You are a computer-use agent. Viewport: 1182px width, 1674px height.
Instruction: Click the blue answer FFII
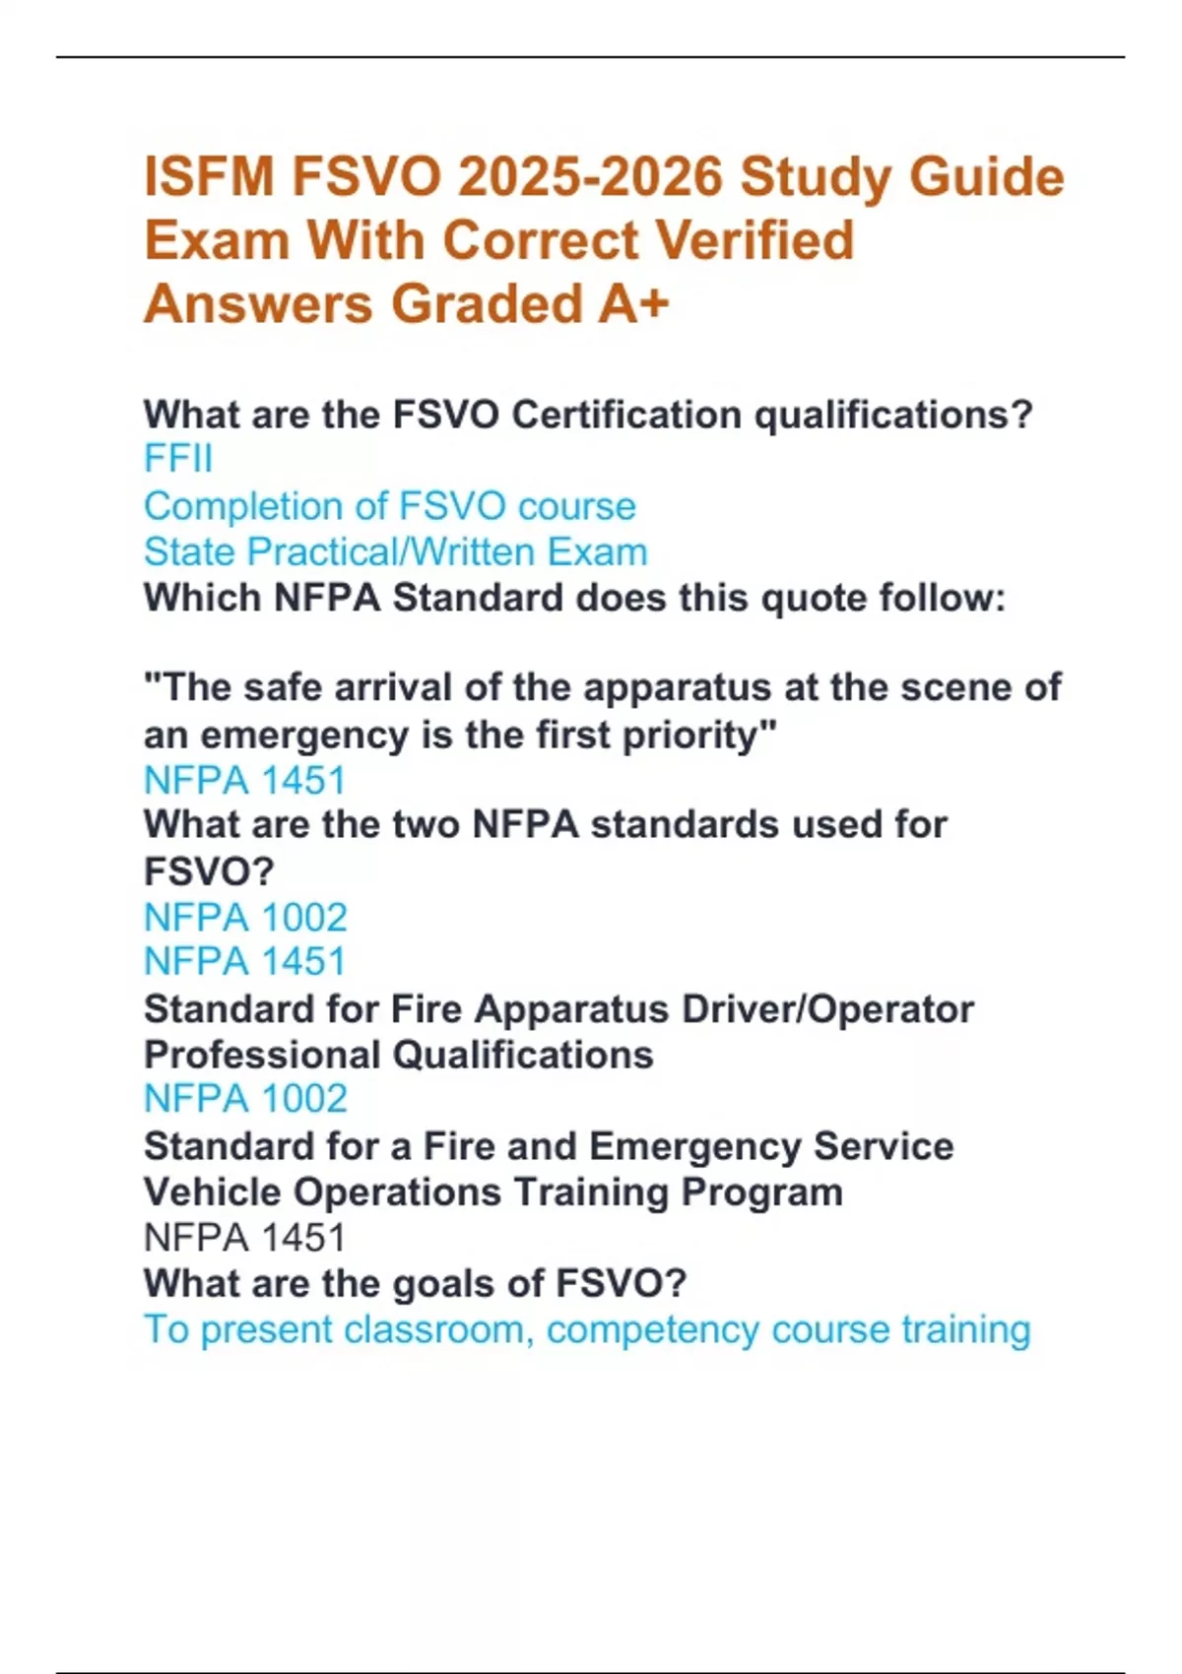pos(177,459)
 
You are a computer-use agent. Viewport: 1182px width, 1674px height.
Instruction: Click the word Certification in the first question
pos(625,415)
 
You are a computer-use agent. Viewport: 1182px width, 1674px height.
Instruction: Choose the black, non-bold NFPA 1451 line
pos(244,1238)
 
